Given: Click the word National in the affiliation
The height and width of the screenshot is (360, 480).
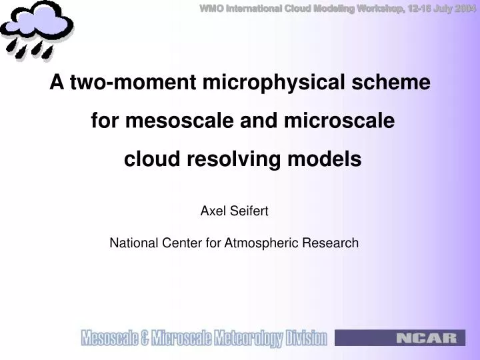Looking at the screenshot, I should (x=133, y=243).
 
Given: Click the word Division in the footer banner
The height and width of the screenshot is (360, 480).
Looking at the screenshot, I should (x=307, y=339).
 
